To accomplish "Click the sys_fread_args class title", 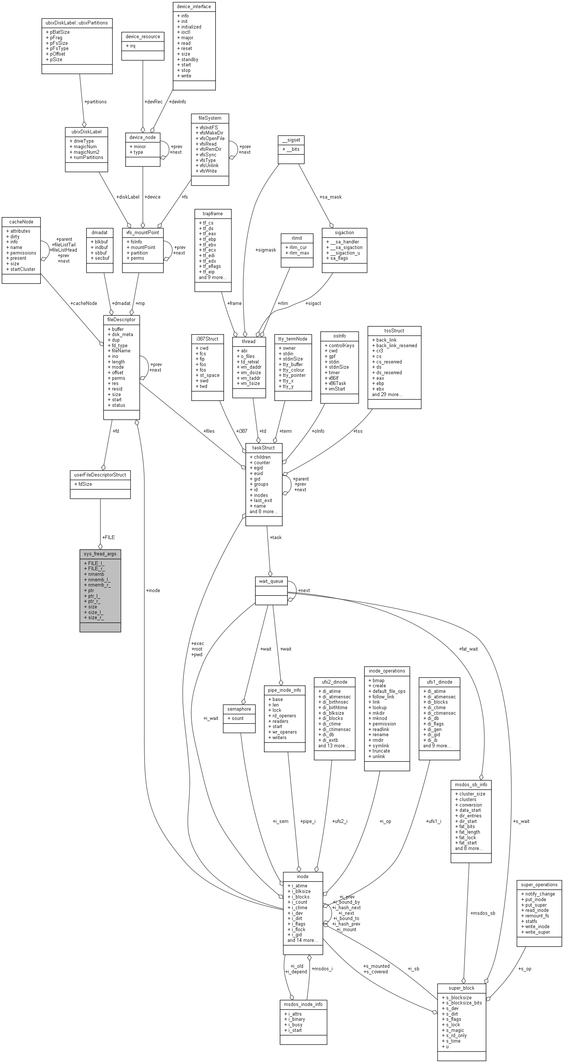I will click(100, 554).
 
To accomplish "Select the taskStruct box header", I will click(263, 448).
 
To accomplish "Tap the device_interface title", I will click(194, 7).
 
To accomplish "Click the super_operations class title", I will click(539, 884).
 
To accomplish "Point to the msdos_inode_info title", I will click(303, 1004).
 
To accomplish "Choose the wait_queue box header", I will click(271, 581).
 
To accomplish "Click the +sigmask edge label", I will click(265, 250).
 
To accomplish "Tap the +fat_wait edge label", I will click(468, 649).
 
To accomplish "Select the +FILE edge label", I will click(109, 537).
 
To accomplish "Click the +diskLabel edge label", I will click(128, 197).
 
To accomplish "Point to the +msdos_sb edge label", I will click(482, 913).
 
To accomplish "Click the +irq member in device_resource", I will click(131, 46).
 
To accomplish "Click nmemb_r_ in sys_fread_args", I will click(98, 585).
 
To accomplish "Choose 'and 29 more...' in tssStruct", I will click(387, 395).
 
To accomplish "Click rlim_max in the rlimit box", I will click(297, 253).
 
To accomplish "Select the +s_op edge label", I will click(524, 969).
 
